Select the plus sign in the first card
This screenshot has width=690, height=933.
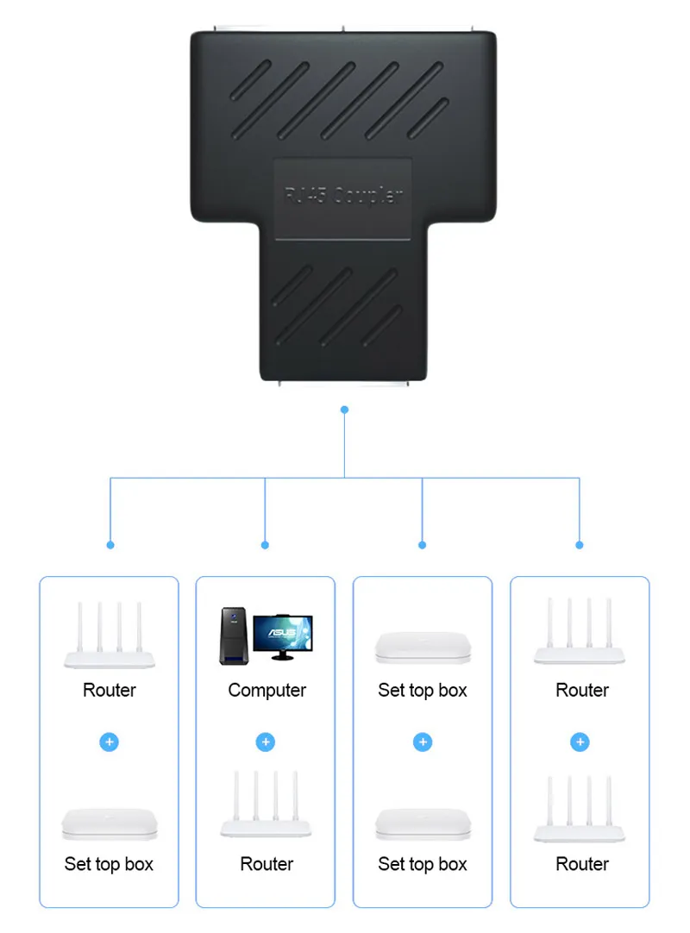tap(110, 742)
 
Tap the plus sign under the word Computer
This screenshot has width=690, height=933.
tap(266, 742)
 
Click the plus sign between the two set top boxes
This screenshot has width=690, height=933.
tap(423, 742)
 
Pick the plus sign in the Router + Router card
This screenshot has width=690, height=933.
tap(580, 742)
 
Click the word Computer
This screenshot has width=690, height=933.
tap(267, 690)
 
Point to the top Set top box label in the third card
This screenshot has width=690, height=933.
tap(423, 690)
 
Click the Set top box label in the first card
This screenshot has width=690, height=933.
tap(109, 864)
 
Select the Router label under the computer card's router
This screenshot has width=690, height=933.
tap(267, 864)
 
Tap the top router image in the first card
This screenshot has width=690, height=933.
tap(110, 636)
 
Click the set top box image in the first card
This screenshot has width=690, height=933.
tap(110, 823)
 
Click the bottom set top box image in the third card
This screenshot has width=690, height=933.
tap(423, 823)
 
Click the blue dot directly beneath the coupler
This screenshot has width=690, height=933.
tap(344, 410)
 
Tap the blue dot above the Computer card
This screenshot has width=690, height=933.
tap(265, 545)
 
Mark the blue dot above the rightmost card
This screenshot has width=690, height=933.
tap(580, 545)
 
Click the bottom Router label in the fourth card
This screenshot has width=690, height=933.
tap(582, 864)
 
